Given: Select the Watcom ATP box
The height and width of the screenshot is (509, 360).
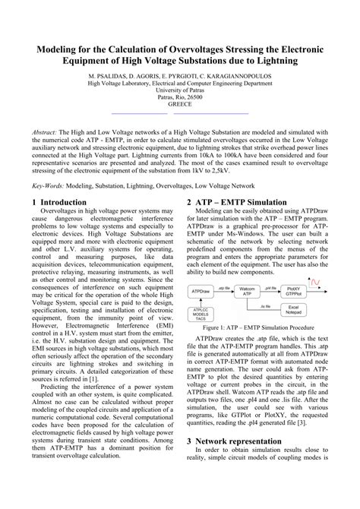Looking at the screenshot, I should click(x=246, y=291).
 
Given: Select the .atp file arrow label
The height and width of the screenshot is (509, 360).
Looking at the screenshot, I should click(x=223, y=287).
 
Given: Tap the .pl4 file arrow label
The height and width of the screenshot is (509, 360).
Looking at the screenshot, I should click(x=270, y=287).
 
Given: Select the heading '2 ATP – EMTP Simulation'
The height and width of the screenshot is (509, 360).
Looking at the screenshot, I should click(x=236, y=203).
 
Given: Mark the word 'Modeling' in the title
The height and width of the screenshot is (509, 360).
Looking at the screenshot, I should click(x=54, y=49).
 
